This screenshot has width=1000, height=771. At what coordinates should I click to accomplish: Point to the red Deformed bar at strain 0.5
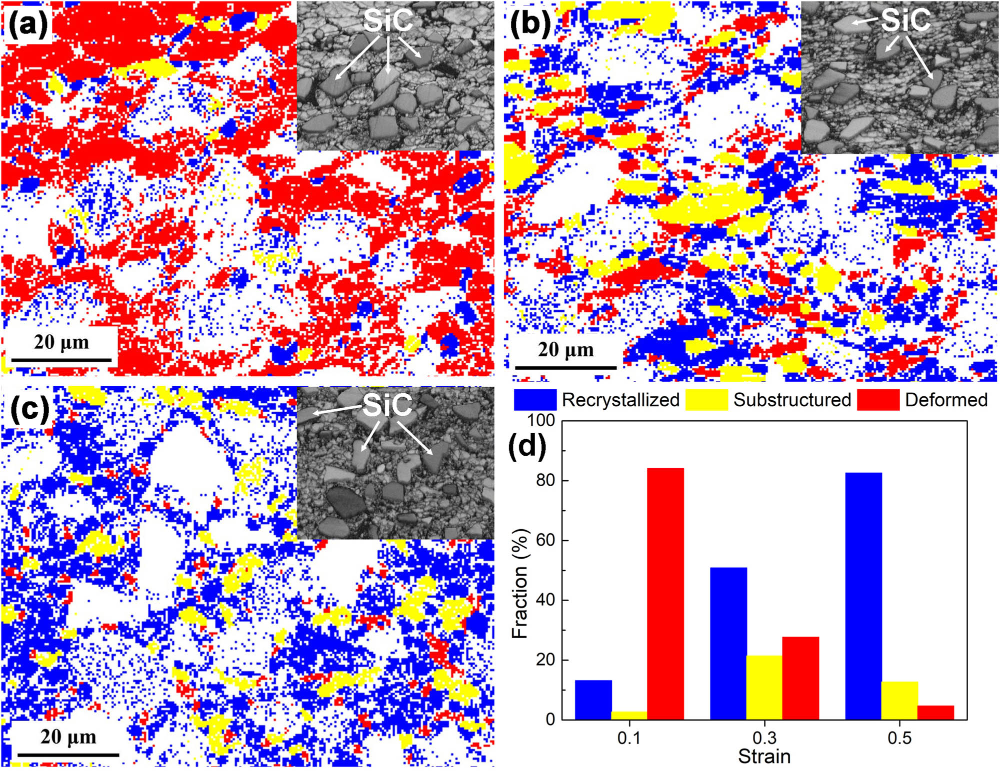(935, 713)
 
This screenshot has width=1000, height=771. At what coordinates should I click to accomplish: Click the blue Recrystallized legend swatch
(534, 400)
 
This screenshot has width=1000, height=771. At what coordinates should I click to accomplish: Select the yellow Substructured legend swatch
(706, 400)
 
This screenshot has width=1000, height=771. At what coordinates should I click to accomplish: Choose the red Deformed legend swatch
(877, 400)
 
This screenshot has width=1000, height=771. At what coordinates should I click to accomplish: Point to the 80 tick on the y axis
(545, 480)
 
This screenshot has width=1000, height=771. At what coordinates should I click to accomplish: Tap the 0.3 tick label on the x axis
(764, 738)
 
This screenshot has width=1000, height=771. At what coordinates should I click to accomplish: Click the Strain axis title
(764, 757)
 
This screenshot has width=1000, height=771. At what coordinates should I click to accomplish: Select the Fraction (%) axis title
(520, 583)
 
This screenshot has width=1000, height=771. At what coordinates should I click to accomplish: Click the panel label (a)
(28, 23)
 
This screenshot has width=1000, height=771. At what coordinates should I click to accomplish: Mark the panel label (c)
(29, 409)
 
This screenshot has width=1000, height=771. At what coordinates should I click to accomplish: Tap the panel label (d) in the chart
(527, 445)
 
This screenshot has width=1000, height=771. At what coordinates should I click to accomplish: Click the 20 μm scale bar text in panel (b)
(565, 350)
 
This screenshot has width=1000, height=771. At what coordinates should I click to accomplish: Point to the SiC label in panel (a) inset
(388, 20)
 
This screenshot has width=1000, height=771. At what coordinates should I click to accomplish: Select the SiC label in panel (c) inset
(387, 405)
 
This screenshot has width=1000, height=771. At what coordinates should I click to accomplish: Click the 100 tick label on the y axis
(541, 420)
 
